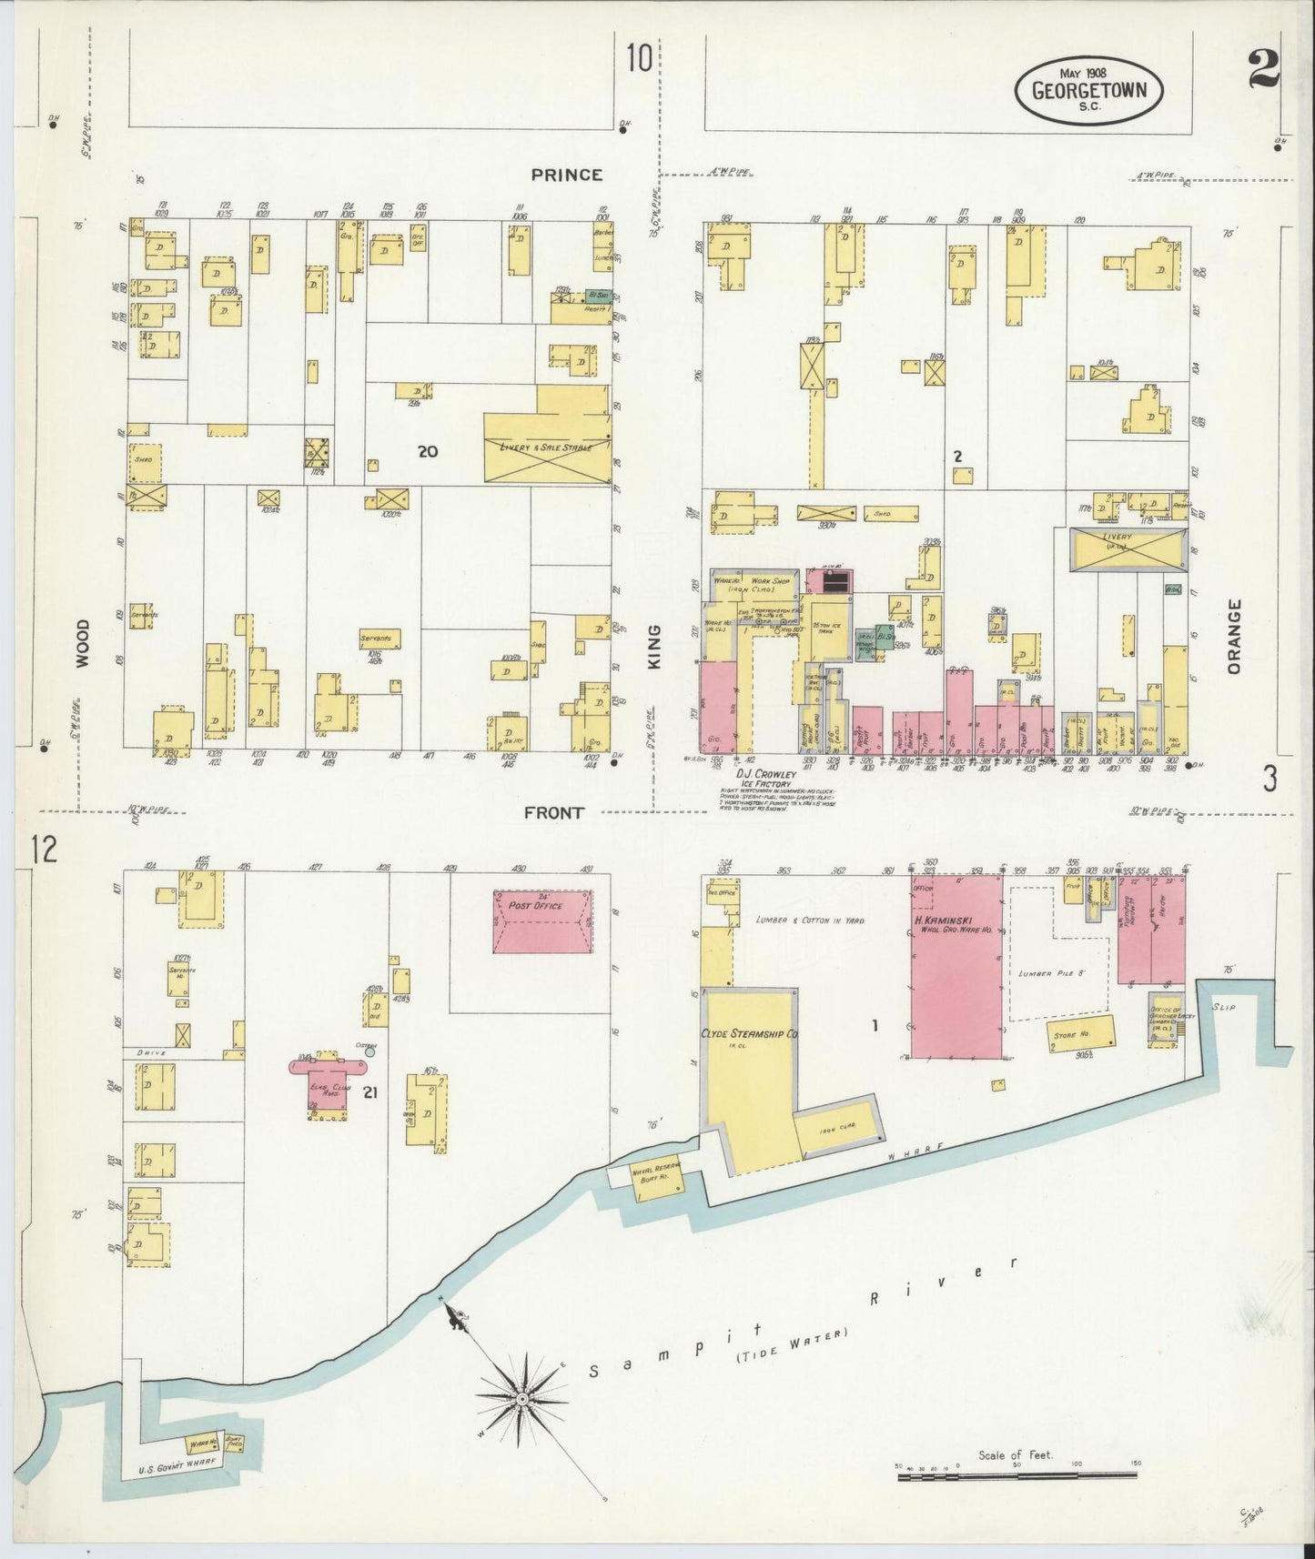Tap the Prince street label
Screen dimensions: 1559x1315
point(567,174)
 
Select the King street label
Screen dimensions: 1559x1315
point(654,647)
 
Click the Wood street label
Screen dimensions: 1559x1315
point(83,644)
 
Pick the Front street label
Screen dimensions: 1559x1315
point(553,812)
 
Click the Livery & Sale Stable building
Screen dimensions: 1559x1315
point(546,447)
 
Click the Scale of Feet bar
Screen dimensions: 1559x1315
point(1019,1477)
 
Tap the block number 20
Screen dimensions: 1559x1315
point(427,450)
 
